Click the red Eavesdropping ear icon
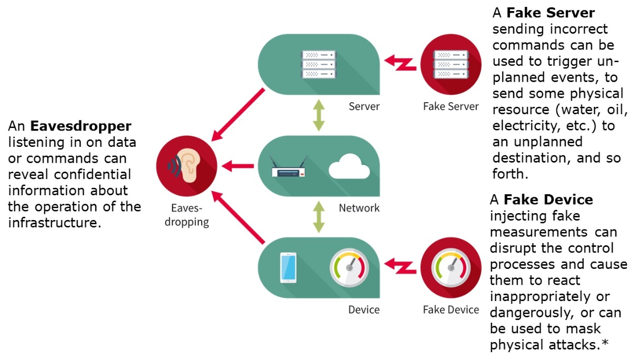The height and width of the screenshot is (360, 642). (187, 166)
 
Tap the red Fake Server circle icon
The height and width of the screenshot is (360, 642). (451, 64)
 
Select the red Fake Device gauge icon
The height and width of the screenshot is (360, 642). (451, 267)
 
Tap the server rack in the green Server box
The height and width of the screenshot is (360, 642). (318, 63)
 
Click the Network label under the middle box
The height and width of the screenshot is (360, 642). (359, 208)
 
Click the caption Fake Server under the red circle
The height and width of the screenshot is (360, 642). (451, 106)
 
